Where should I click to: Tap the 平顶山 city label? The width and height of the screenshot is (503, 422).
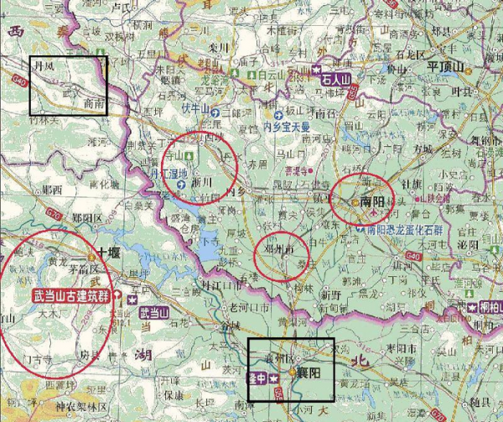click(450, 65)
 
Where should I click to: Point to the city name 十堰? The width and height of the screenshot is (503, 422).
click(109, 251)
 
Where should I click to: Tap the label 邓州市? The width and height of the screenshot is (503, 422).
click(279, 250)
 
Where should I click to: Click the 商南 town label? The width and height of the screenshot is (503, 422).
click(95, 103)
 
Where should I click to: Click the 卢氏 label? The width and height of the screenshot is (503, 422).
click(124, 7)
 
